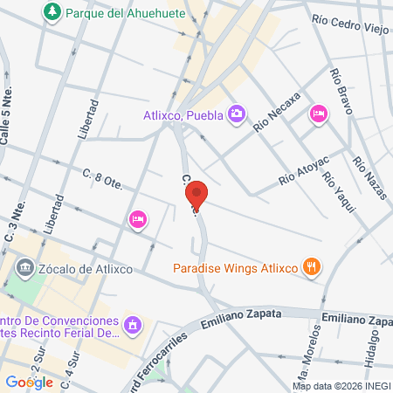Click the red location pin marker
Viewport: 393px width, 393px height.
tap(197, 196)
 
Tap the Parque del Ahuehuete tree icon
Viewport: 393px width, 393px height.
tap(52, 12)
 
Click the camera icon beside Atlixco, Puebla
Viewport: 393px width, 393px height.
tap(236, 114)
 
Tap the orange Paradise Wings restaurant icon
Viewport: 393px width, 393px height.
tap(311, 266)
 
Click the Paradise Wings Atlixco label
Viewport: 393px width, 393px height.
tap(236, 268)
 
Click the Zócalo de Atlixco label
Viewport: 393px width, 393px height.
tap(85, 268)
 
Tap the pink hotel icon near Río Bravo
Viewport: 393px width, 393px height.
tap(319, 113)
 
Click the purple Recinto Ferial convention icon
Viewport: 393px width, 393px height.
tap(132, 325)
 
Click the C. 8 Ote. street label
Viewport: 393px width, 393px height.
tap(103, 179)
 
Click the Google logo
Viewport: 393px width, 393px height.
tap(29, 382)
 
